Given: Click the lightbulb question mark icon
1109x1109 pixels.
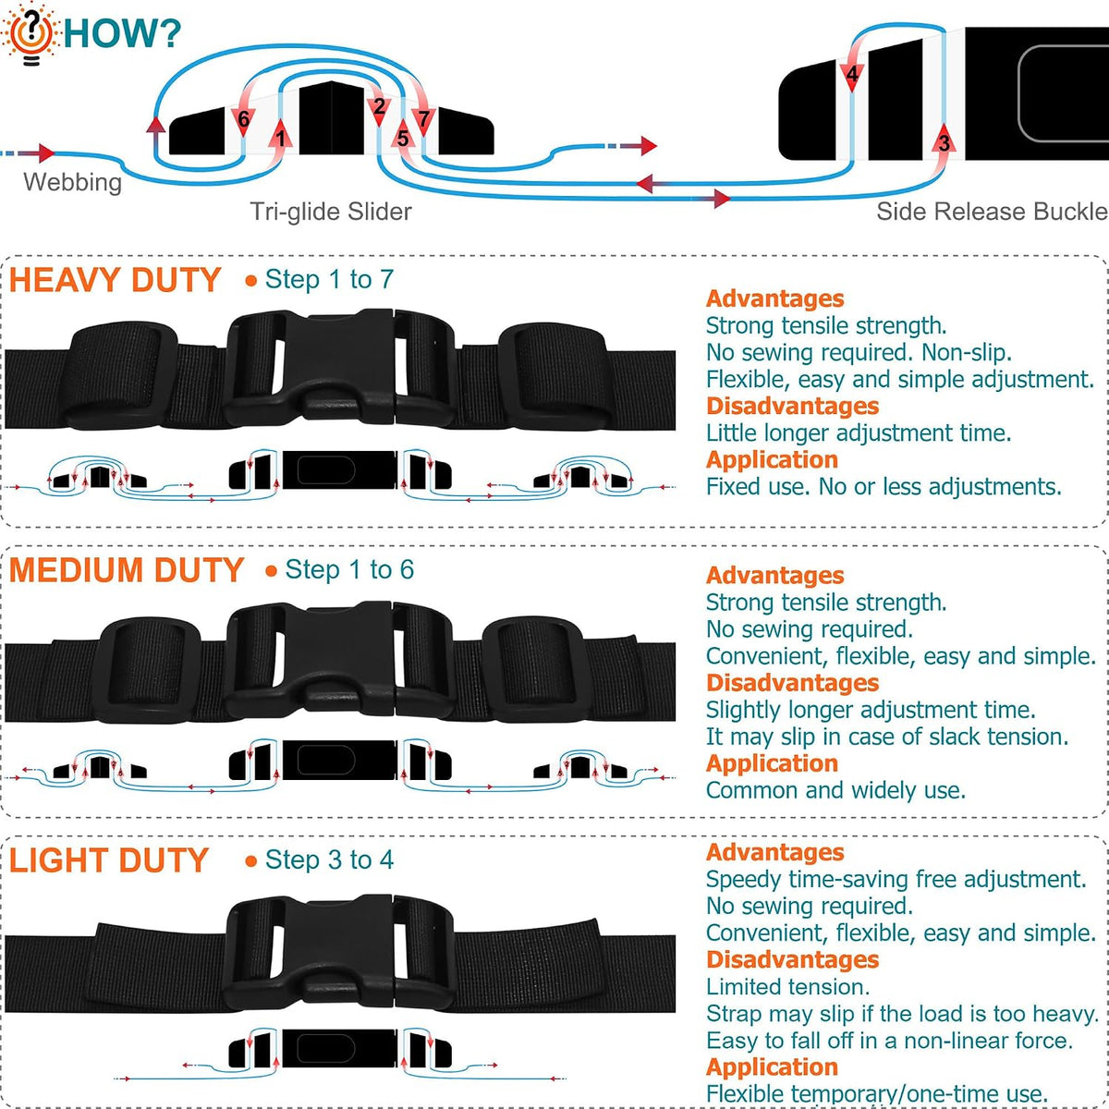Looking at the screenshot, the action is pos(30,34).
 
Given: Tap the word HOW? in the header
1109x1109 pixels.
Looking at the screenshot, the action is pos(123,33).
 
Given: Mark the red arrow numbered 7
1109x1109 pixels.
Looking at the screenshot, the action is pos(423,117).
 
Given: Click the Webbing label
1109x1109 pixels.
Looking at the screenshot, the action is pos(72,182).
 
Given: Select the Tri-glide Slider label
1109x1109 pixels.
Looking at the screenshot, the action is pos(331,212).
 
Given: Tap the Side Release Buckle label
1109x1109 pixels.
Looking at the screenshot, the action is pos(992,212).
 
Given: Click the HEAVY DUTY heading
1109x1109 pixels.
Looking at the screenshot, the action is pos(116,280).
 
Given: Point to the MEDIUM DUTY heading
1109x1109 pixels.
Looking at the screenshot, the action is pos(127,570).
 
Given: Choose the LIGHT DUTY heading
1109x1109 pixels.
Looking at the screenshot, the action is pos(109,860).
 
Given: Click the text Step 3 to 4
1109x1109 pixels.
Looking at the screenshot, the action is pos(329,859).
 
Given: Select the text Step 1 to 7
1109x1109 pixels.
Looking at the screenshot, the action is pos(329,280).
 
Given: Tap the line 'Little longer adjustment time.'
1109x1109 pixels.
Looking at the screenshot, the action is pos(859,433).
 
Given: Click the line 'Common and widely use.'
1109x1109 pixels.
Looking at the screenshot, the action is pos(835,790).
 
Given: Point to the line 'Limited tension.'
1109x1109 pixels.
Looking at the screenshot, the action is pos(788,987).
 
